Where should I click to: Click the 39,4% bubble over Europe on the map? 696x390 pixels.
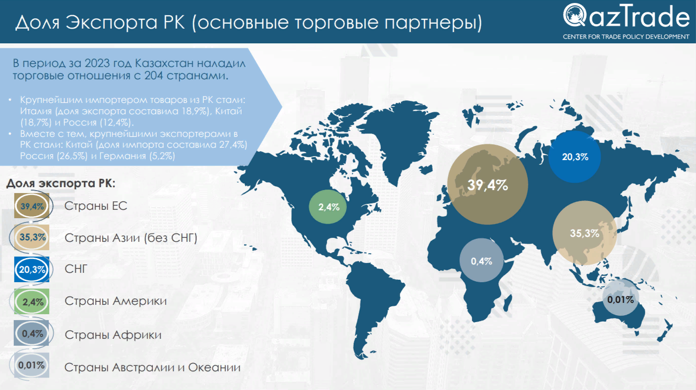click(487, 184)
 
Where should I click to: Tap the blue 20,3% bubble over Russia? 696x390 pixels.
click(575, 157)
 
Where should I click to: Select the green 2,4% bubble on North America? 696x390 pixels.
click(328, 207)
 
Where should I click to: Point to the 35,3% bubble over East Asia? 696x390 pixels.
click(585, 233)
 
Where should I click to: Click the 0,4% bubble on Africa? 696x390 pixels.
click(481, 260)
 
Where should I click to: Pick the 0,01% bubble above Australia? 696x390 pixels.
click(621, 297)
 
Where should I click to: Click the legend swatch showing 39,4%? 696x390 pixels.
click(32, 206)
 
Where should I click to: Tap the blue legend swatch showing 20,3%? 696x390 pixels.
click(32, 269)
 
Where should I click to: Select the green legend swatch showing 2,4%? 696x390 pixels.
click(32, 301)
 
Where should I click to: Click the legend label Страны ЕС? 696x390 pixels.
click(96, 206)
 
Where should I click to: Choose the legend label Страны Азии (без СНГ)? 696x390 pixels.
click(131, 238)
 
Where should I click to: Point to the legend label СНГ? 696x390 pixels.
click(76, 269)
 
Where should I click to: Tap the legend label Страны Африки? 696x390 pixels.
click(113, 335)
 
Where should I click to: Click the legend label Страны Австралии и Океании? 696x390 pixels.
click(152, 367)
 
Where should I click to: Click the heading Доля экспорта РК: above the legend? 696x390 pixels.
click(61, 183)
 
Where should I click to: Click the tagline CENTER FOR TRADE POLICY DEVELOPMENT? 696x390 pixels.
click(626, 37)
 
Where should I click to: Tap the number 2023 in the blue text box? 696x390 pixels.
click(97, 64)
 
